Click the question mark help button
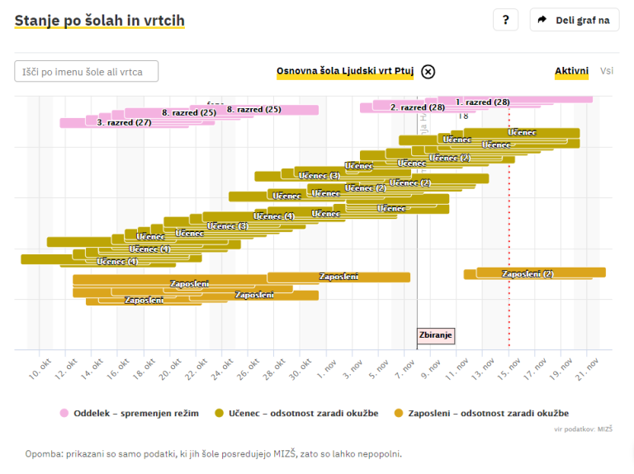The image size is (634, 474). click(505, 20)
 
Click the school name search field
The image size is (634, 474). click(87, 72)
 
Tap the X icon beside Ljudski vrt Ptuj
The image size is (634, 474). click(428, 71)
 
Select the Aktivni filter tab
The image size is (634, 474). click(571, 71)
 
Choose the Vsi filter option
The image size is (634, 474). click(607, 71)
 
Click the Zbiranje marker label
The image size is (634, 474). click(436, 335)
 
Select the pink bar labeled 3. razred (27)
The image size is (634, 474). click(124, 122)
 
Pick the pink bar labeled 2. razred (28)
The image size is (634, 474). click(417, 107)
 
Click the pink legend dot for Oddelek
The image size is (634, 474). click(64, 413)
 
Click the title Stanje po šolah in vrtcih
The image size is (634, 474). click(99, 20)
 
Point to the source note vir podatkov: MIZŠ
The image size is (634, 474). click(588, 429)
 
